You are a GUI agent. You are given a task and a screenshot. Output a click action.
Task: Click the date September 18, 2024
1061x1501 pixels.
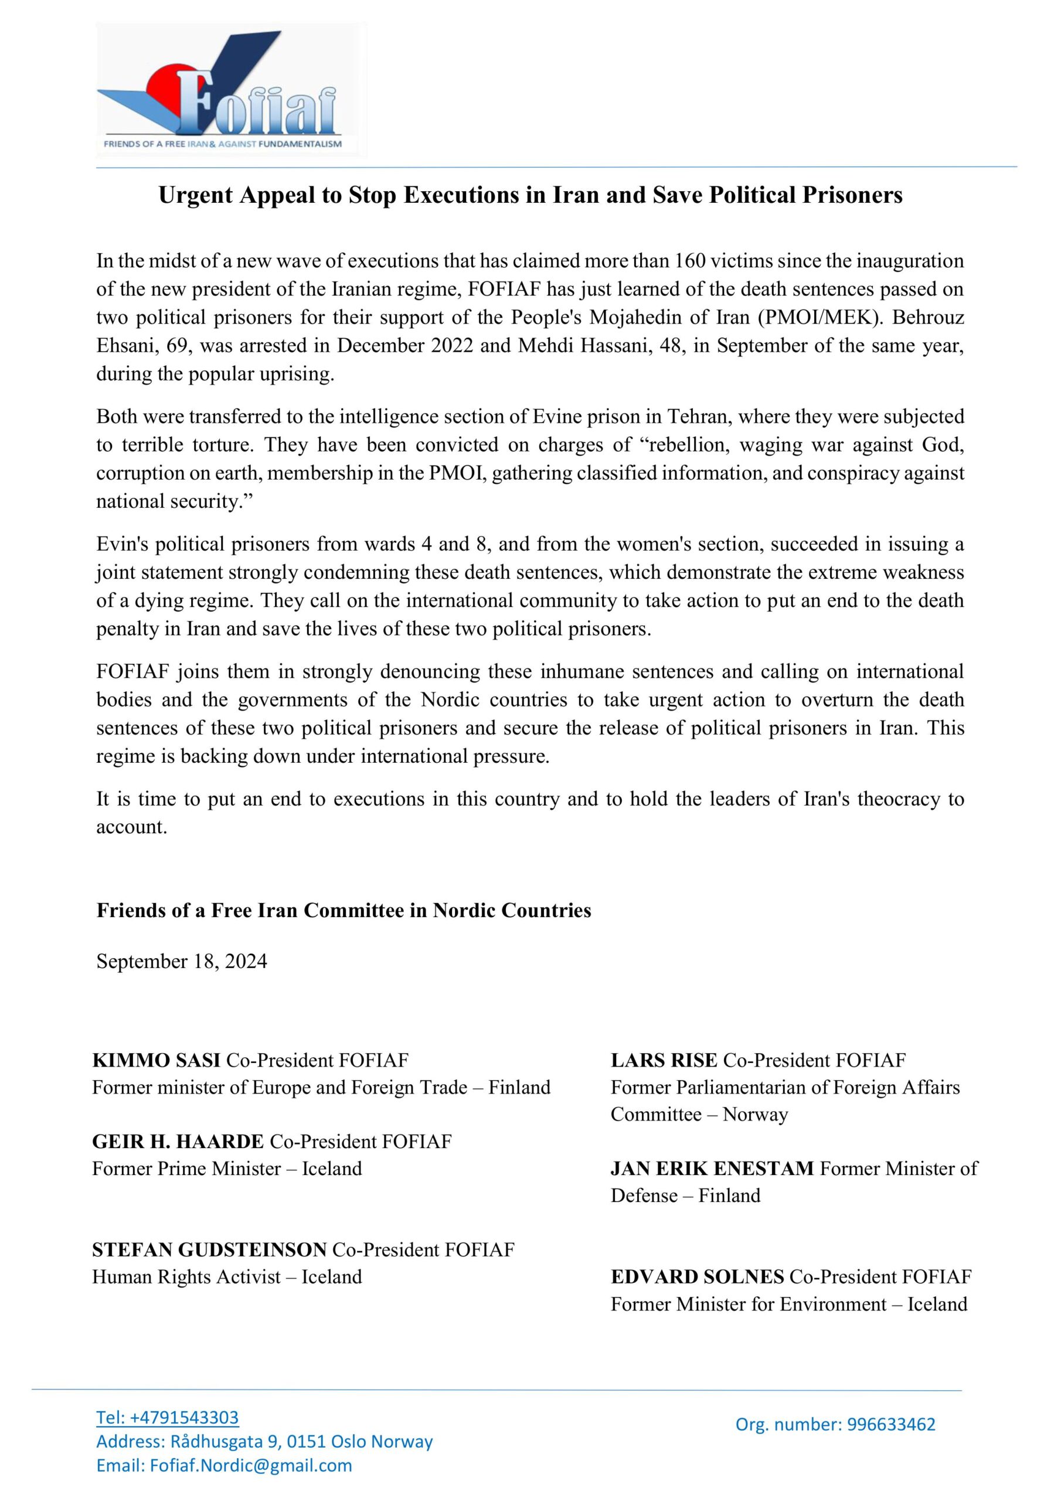[x=182, y=961]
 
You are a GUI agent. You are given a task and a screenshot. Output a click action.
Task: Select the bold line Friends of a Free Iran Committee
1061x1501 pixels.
[x=343, y=911]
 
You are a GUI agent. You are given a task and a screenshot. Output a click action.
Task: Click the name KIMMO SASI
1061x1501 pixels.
[x=157, y=1059]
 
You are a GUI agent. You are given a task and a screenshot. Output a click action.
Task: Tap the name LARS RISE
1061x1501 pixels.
[x=664, y=1059]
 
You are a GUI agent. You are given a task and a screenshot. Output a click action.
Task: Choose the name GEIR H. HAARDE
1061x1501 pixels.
[x=178, y=1142]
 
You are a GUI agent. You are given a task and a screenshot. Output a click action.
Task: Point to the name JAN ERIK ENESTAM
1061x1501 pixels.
[x=712, y=1168]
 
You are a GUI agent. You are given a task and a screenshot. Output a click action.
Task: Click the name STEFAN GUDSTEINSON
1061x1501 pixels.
[x=209, y=1250]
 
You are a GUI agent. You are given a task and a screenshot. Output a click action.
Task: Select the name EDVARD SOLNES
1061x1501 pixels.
[x=697, y=1277]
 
